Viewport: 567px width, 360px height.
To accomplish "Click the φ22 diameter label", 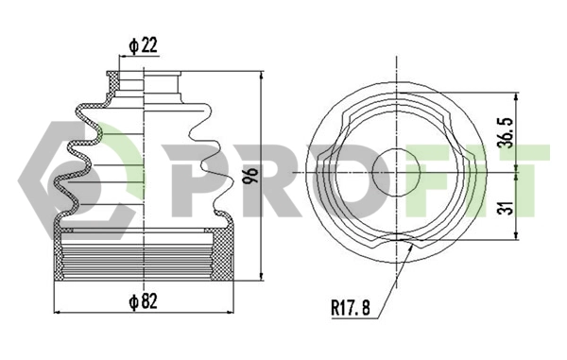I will [140, 43].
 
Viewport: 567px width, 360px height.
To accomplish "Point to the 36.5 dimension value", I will [506, 131].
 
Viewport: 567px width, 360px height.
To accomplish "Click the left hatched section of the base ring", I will [67, 255].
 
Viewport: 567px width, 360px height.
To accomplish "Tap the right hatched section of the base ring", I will [225, 255].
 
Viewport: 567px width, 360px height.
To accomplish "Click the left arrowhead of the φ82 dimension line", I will [61, 313].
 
